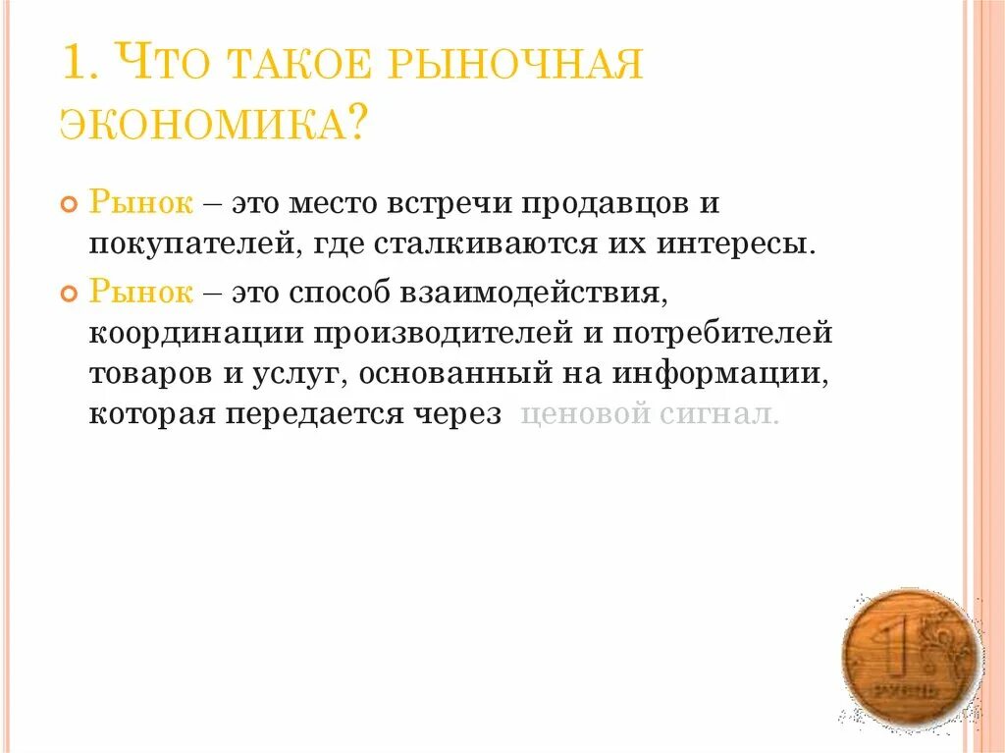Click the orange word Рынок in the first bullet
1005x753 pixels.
pyautogui.click(x=141, y=203)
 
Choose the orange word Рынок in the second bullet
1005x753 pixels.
pyautogui.click(x=141, y=293)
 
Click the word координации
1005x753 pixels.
pyautogui.click(x=196, y=332)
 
